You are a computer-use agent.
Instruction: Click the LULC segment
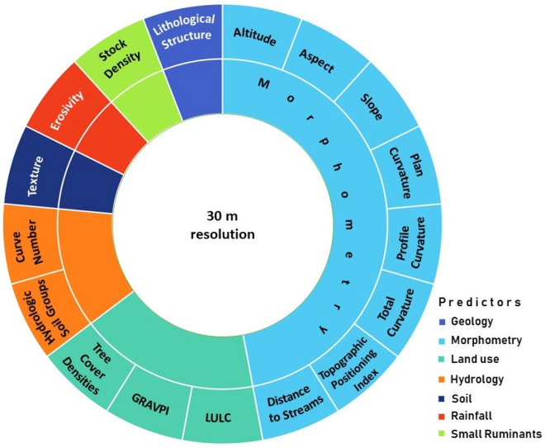(x=218, y=412)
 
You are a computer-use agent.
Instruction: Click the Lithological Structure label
(x=184, y=31)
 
